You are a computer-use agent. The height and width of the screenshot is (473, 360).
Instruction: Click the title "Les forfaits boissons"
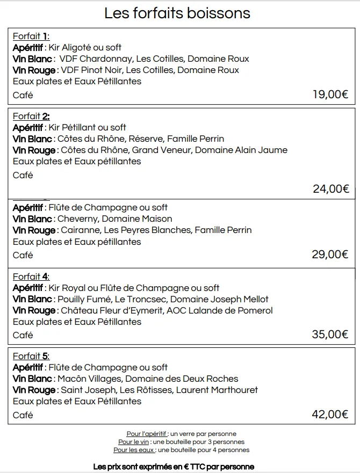[x=177, y=13]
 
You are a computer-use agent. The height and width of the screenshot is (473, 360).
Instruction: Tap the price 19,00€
[x=330, y=95]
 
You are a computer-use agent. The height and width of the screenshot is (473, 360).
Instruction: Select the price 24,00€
[x=331, y=188]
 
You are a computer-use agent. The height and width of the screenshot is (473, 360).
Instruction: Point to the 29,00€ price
[x=330, y=254]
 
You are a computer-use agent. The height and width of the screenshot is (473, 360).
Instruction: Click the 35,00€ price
[x=330, y=334]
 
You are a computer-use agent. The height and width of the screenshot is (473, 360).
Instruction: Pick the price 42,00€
[x=330, y=414]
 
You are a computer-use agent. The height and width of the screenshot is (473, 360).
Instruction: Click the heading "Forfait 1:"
[x=31, y=37]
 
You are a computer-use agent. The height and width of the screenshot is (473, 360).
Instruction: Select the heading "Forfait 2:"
[x=31, y=116]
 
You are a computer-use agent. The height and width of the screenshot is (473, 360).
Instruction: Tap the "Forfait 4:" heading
[x=31, y=276]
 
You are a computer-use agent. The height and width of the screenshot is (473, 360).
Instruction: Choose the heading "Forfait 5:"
[x=31, y=356]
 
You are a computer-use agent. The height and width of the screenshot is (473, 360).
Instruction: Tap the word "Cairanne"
[x=80, y=230]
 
